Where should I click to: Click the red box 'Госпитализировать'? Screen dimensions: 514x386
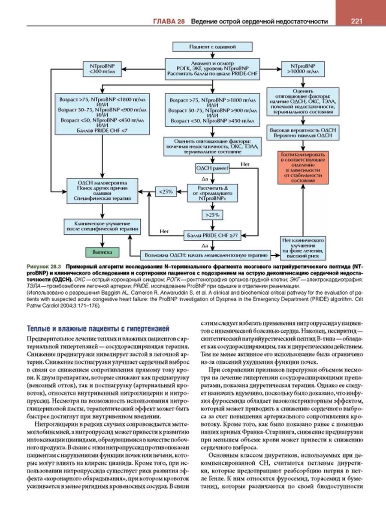click(x=303, y=167)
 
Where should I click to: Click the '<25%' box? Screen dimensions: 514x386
click(x=166, y=191)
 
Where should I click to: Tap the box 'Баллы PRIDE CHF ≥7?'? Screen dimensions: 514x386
click(x=213, y=235)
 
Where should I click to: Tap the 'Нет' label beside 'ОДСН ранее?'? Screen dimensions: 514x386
click(x=245, y=164)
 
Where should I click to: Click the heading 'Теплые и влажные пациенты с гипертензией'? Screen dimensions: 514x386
click(x=97, y=329)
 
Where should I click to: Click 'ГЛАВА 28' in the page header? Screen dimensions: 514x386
click(x=169, y=21)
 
